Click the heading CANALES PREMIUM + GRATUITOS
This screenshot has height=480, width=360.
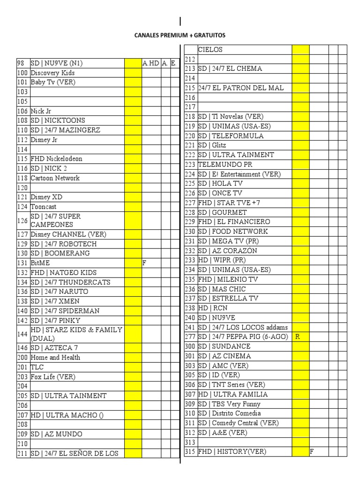point(180,35)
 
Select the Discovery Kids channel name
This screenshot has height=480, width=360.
point(52,73)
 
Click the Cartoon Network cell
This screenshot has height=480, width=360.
point(55,178)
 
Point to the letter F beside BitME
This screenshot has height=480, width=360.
point(144,263)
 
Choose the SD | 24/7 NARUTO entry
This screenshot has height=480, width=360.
point(59,292)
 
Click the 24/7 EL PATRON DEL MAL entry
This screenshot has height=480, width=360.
point(241,88)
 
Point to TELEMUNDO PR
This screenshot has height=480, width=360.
point(225,165)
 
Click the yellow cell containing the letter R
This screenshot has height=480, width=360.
point(300,337)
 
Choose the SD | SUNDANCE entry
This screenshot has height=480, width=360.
point(224,346)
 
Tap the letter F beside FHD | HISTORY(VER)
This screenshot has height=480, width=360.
point(311,452)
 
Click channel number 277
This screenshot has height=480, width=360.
point(190,337)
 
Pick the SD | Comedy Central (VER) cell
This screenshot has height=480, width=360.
point(238,423)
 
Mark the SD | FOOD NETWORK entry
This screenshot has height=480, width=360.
point(233,232)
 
